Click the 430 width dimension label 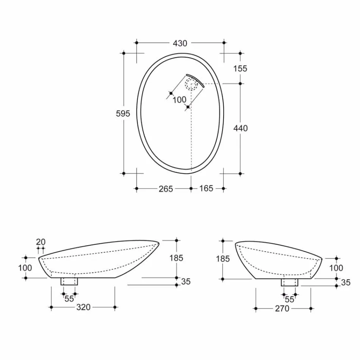(x=180, y=43)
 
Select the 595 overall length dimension (x=123, y=113)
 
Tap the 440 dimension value (x=240, y=128)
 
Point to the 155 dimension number (x=240, y=69)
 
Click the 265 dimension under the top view (x=166, y=188)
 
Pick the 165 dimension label (x=206, y=188)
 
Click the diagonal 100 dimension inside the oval (x=179, y=100)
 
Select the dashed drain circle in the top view (x=191, y=83)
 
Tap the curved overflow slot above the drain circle (x=195, y=79)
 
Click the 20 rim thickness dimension (x=41, y=242)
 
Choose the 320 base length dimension (x=83, y=307)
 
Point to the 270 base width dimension (x=282, y=309)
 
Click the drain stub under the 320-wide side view (x=69, y=282)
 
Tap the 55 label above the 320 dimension (x=69, y=299)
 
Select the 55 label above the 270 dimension (x=290, y=299)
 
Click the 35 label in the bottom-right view (x=346, y=283)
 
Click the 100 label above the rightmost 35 (x=336, y=268)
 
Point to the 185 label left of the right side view (x=223, y=259)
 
